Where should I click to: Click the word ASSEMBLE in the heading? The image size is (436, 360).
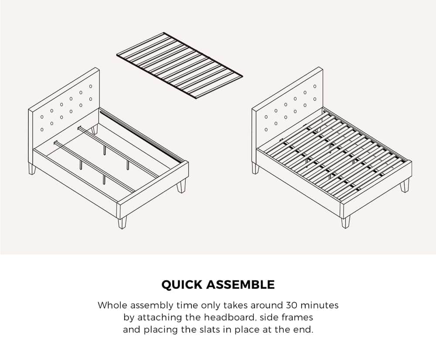(240, 285)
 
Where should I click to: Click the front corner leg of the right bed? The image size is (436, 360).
(345, 222)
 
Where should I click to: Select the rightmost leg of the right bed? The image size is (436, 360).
(405, 186)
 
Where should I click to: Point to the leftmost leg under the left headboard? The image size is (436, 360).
(31, 168)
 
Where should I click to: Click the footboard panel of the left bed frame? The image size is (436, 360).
(153, 189)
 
